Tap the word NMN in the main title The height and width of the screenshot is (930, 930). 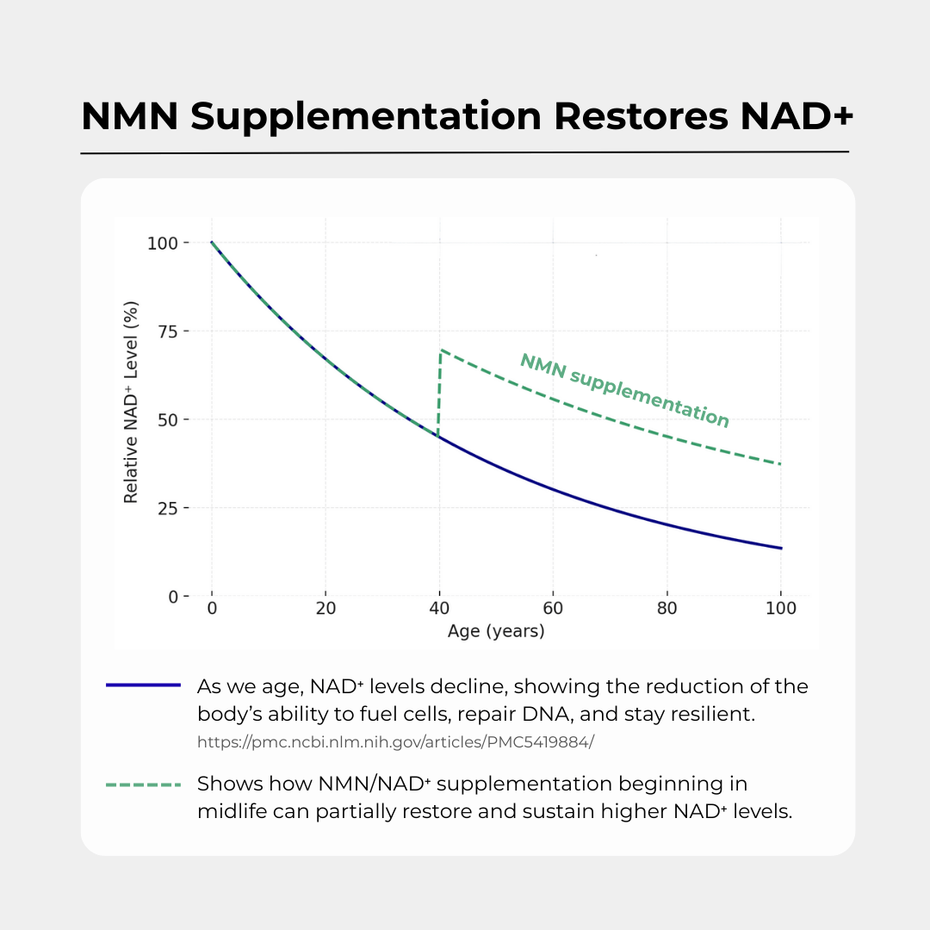tap(129, 117)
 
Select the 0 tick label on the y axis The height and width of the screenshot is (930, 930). tap(173, 597)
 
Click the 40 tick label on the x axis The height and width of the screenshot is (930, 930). tap(439, 609)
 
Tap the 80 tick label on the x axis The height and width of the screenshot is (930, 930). tap(666, 609)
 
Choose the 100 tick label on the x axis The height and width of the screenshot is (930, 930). tap(780, 609)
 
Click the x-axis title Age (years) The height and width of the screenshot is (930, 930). tap(496, 631)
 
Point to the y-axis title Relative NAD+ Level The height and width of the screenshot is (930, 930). tap(131, 401)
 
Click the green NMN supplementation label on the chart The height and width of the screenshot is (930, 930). tap(624, 390)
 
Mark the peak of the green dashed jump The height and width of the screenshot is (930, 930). tap(441, 350)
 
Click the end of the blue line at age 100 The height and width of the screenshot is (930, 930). tap(780, 548)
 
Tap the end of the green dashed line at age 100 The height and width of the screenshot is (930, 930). tap(780, 464)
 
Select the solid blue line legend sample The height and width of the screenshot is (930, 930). tap(143, 685)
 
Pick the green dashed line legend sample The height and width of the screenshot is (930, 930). tap(143, 784)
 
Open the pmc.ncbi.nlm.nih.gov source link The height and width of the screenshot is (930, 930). tap(395, 741)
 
